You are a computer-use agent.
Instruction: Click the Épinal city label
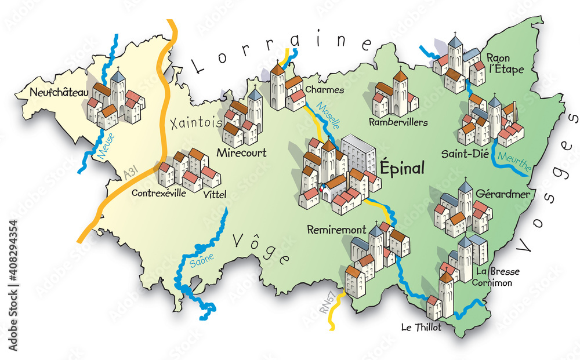(402, 168)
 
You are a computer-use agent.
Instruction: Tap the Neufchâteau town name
(50, 92)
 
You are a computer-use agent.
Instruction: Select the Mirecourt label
(241, 153)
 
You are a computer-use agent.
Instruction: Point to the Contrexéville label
(159, 193)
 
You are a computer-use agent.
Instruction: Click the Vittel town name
(215, 195)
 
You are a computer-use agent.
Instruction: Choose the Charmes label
(324, 90)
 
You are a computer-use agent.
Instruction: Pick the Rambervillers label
(398, 122)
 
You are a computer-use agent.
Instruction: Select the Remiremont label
(332, 229)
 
